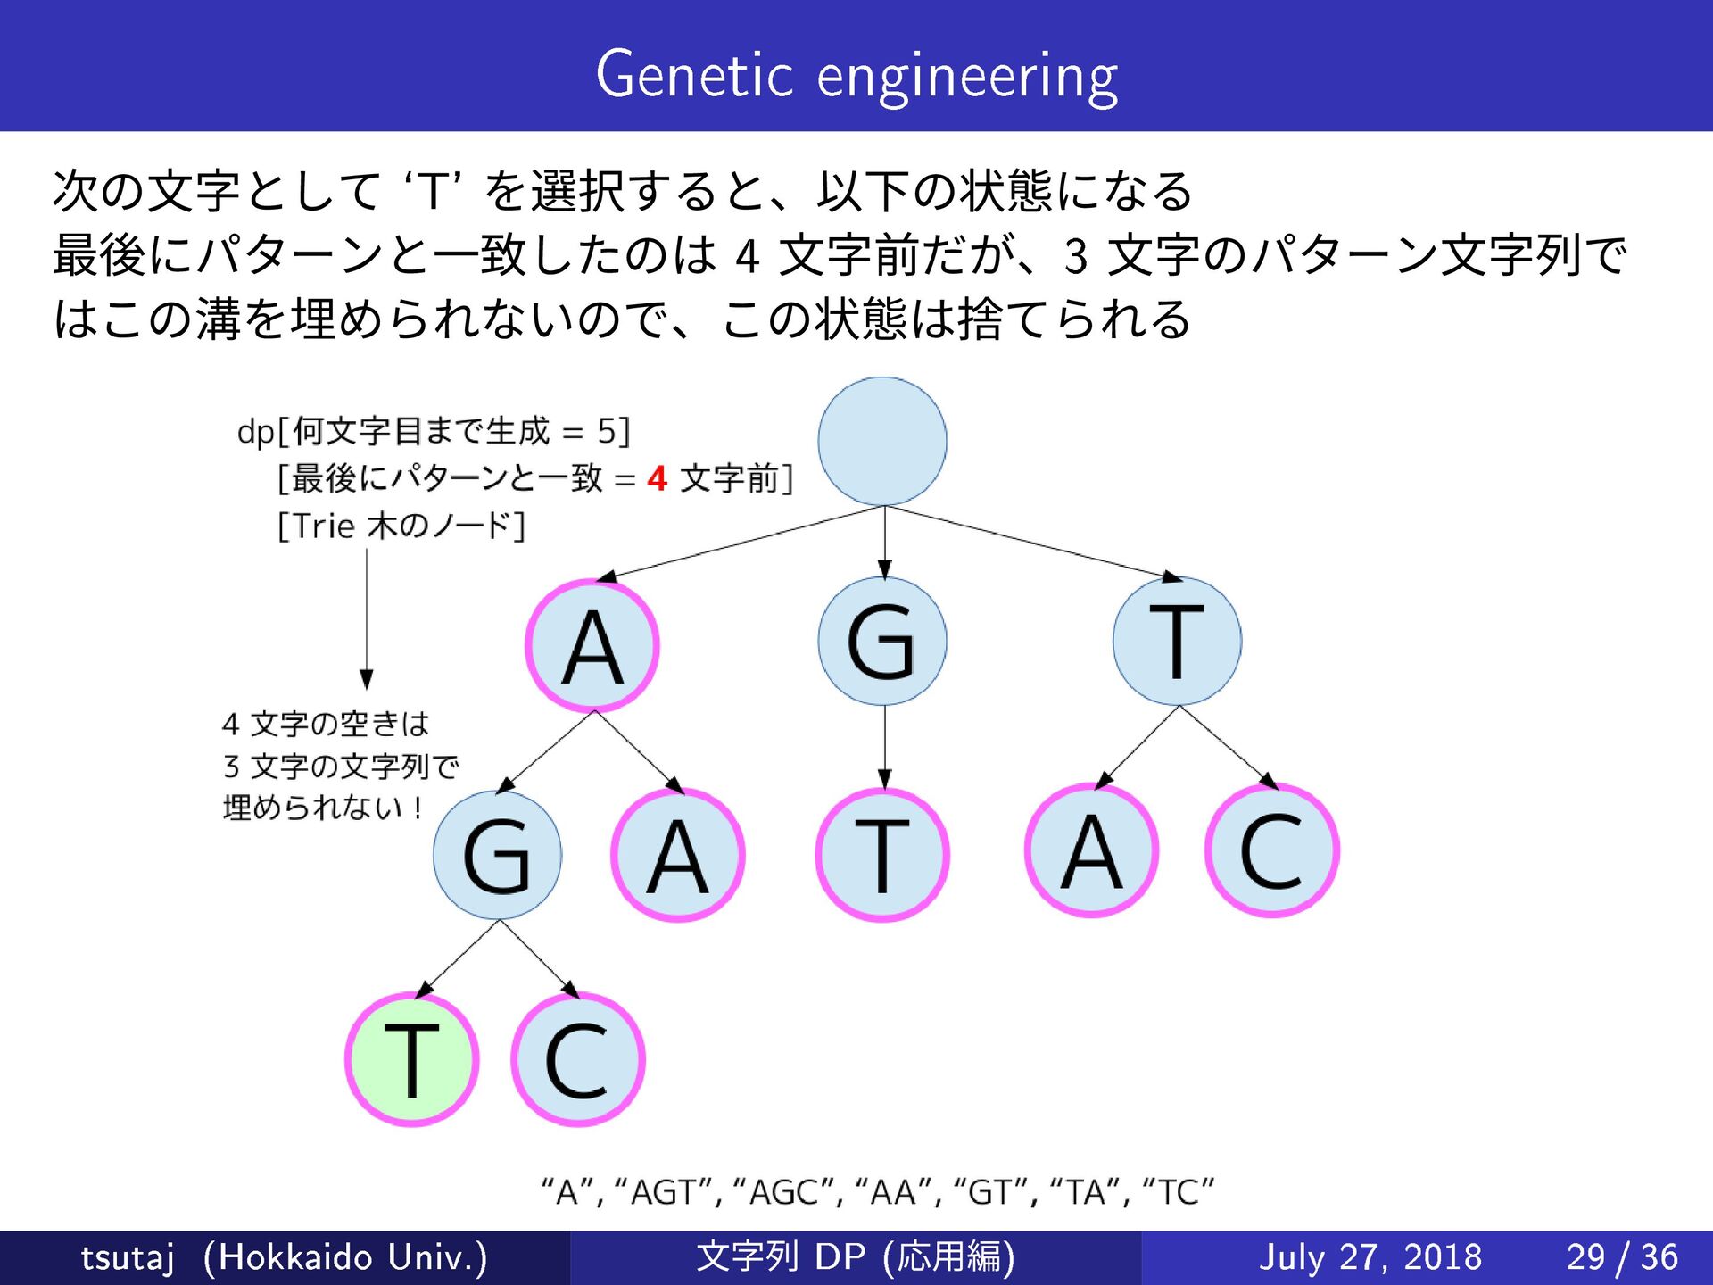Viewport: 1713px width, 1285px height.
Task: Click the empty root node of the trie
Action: pyautogui.click(x=881, y=441)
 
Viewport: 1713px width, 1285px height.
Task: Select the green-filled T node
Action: pyautogui.click(x=411, y=1059)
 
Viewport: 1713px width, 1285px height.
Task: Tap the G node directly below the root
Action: pyautogui.click(x=881, y=641)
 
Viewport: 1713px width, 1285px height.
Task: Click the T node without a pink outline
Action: pyautogui.click(x=1176, y=641)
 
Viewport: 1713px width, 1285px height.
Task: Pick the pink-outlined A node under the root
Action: pyautogui.click(x=592, y=645)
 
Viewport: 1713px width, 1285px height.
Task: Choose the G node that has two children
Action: pyautogui.click(x=497, y=855)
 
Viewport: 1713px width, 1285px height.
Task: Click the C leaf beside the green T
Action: pyautogui.click(x=577, y=1059)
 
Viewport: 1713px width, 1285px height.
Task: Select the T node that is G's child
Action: pyautogui.click(x=881, y=855)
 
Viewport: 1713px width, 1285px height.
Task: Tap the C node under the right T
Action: pyautogui.click(x=1271, y=850)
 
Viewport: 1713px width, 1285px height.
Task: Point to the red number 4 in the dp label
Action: pyautogui.click(x=658, y=479)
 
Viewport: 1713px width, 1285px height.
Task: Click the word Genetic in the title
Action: pyautogui.click(x=694, y=75)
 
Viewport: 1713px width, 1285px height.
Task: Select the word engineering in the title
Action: pyautogui.click(x=967, y=77)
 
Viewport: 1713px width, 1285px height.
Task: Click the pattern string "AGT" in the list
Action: pyautogui.click(x=664, y=1192)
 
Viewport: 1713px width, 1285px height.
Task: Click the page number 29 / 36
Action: pyautogui.click(x=1622, y=1257)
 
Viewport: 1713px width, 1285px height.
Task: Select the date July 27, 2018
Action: pyautogui.click(x=1370, y=1257)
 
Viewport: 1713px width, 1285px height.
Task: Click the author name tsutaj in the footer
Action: pyautogui.click(x=127, y=1257)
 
